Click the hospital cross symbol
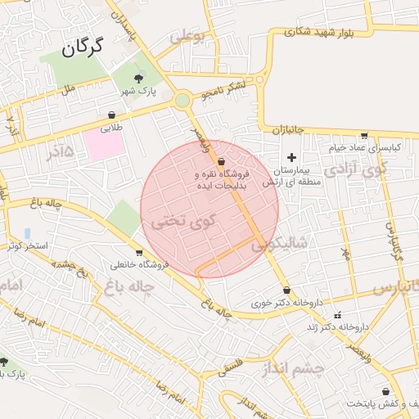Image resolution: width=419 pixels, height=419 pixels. (291, 156)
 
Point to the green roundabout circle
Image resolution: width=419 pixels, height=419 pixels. (182, 100)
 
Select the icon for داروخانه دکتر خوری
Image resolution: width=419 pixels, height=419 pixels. (286, 290)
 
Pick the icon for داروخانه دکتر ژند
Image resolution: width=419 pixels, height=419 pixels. (337, 314)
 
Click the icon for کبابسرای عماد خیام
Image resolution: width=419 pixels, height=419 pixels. (364, 136)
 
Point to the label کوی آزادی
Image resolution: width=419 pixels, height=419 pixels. (354, 171)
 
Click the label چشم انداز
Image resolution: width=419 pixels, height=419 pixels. (295, 369)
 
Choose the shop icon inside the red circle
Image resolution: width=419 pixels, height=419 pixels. (222, 162)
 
